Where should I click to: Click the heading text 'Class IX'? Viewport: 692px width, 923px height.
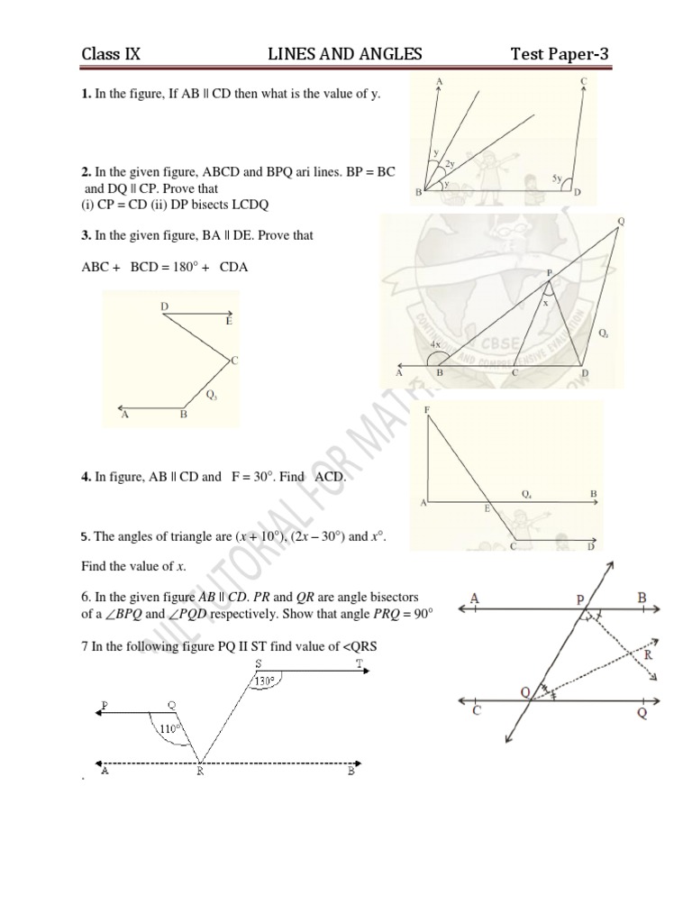coord(111,55)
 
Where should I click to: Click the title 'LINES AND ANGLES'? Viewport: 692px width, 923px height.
coord(345,55)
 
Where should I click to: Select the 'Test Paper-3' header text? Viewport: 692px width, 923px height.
coord(559,55)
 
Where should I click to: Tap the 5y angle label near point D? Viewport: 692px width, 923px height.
coord(558,179)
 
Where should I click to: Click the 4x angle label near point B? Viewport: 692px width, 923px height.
coord(435,344)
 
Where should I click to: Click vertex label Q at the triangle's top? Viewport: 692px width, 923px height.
coord(621,221)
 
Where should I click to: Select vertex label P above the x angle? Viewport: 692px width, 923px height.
coord(549,272)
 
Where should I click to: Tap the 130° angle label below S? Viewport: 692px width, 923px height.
coord(262,681)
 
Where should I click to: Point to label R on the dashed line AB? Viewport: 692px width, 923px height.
coord(199,772)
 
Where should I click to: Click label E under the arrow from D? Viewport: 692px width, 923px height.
coord(229,321)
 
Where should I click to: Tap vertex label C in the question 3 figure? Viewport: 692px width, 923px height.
coord(233,361)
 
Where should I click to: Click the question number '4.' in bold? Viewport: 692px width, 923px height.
coord(86,477)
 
